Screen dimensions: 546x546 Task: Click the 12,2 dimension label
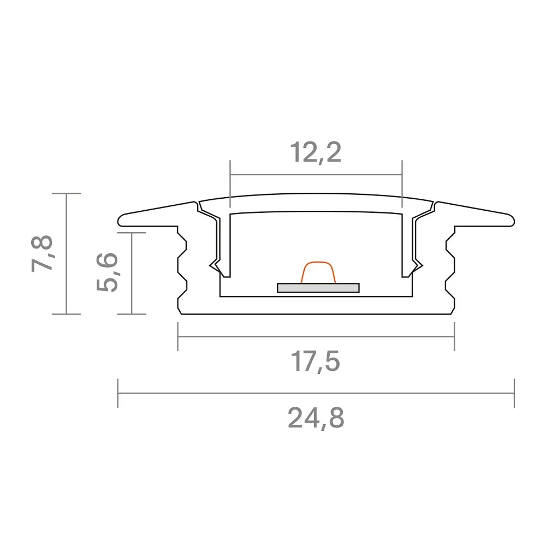point(316,152)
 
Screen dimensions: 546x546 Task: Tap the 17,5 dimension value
point(316,362)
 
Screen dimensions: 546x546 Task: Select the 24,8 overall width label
point(316,418)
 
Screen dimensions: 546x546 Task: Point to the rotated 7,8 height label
point(43,253)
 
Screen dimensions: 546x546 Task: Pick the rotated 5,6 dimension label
point(108,272)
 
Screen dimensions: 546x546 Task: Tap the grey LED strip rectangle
point(318,288)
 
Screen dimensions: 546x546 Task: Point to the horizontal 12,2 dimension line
point(316,175)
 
